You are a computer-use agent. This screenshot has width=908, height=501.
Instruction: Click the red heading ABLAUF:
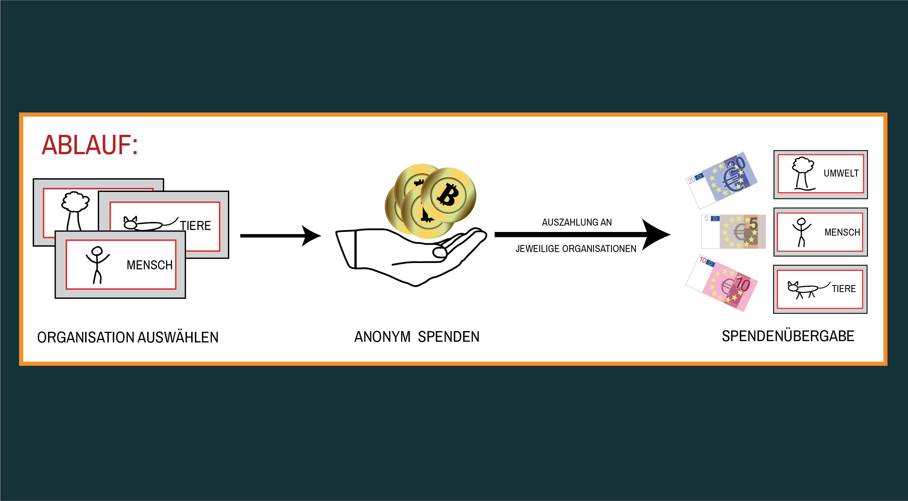click(89, 145)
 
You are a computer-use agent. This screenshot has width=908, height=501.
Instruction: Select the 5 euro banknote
click(734, 232)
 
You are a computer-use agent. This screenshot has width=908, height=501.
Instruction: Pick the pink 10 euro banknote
click(722, 283)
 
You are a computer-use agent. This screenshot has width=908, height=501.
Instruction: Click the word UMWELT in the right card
click(841, 174)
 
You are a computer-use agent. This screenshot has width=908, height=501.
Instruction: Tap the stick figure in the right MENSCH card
click(801, 232)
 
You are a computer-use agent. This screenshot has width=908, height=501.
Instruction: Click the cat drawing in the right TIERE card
click(806, 289)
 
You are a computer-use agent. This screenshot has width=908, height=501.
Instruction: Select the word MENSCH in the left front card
click(149, 265)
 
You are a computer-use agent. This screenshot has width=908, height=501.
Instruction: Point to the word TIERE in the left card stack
click(195, 226)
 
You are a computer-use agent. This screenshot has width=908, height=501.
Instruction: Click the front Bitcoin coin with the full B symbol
click(448, 195)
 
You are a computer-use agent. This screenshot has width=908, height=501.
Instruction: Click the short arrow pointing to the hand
click(280, 236)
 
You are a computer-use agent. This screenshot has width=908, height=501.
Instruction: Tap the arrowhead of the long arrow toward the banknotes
click(656, 234)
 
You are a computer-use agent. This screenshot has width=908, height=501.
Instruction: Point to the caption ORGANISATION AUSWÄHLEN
click(127, 337)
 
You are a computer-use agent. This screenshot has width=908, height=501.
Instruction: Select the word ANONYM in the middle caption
click(382, 337)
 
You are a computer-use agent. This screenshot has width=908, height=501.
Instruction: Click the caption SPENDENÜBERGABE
click(788, 336)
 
